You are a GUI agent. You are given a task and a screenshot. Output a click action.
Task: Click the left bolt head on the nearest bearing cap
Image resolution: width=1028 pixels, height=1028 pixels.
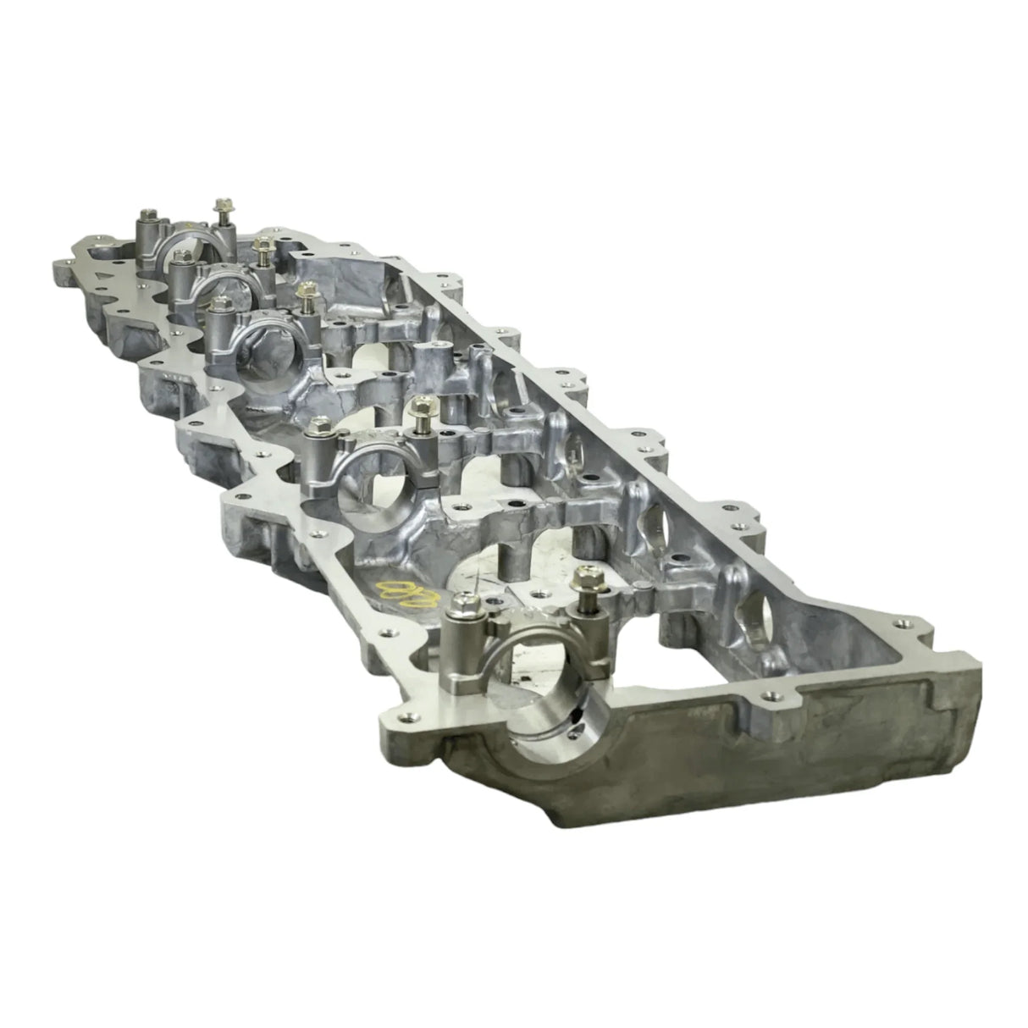tap(463, 603)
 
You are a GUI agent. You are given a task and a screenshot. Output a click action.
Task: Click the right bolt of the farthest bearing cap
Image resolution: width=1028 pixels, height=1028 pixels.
tap(224, 204)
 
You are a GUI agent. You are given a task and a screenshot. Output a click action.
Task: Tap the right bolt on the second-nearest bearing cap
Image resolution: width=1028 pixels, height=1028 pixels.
tap(418, 409)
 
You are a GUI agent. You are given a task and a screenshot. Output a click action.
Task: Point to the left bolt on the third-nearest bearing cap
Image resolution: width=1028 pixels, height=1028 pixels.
tap(221, 303)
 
